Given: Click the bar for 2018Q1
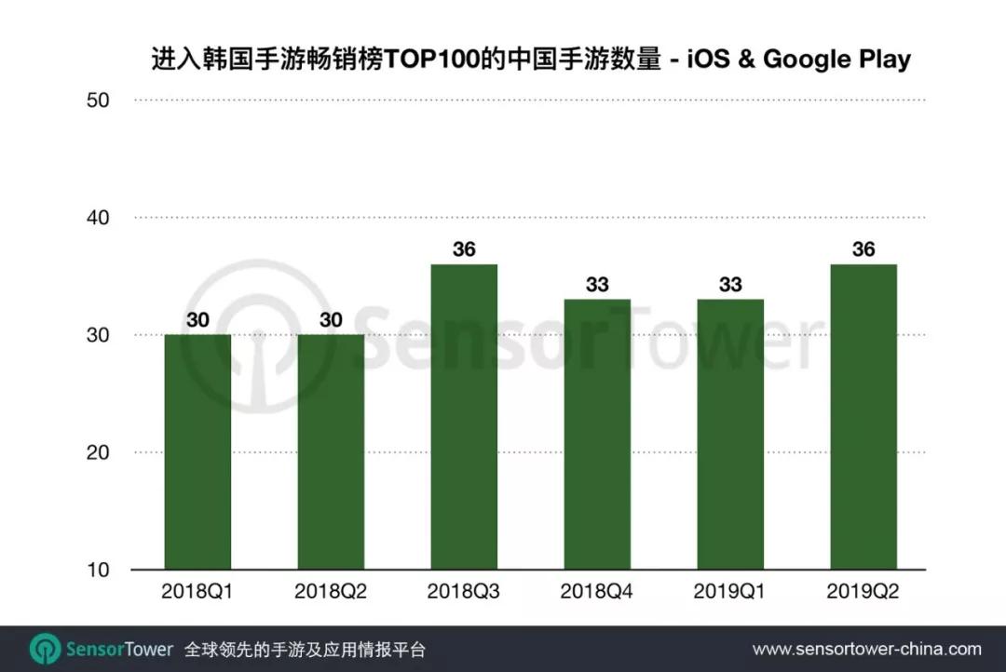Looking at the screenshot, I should [197, 451].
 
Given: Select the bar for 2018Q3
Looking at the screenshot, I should [464, 417].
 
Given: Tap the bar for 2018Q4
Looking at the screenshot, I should [597, 434].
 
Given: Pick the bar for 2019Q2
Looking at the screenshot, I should [863, 417].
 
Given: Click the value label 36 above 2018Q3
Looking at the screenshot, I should [464, 249].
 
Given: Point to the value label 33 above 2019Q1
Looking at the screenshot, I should [730, 284].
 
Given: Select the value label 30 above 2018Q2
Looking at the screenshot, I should [331, 319].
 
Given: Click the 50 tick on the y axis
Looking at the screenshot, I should [98, 100].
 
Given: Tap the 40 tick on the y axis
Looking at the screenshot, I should [98, 218].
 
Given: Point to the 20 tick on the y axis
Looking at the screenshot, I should [98, 452].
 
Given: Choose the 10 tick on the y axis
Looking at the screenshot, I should [98, 570].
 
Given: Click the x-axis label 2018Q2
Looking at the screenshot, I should [331, 592].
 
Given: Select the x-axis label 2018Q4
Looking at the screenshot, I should [597, 592].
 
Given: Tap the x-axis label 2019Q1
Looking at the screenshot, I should [730, 592].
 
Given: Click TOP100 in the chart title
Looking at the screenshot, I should [437, 60].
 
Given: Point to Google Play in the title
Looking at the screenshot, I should [836, 60].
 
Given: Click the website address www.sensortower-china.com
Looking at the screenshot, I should [866, 649].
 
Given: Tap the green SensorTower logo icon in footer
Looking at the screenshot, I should [45, 649].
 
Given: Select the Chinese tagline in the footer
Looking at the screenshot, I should [306, 649].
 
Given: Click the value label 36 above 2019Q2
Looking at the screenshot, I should [863, 249].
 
